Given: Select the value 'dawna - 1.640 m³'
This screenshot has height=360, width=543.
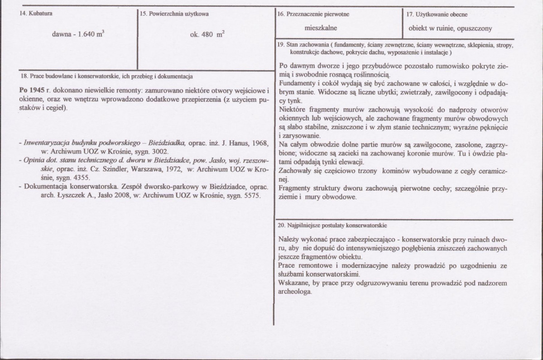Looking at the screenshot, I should point(79,34).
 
